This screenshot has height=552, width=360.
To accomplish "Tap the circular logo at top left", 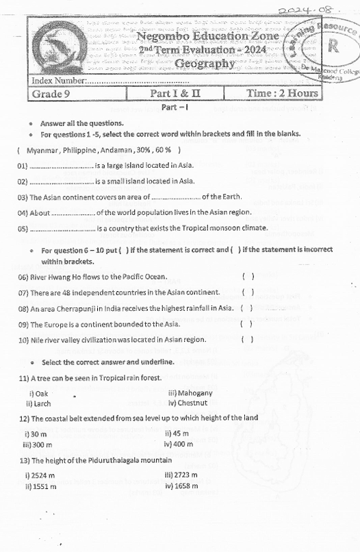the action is click(59, 47).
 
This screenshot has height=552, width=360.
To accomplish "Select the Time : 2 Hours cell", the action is click(283, 93).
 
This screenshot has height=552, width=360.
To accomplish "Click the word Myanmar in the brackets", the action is click(42, 149).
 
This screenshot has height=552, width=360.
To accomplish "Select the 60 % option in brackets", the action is click(164, 149).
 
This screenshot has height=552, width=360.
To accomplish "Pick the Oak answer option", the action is click(38, 394).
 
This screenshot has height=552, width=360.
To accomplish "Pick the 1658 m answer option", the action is click(181, 486).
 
